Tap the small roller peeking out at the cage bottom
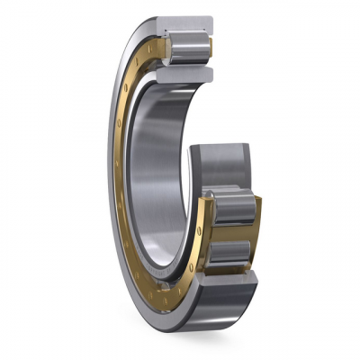tap(171, 288)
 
